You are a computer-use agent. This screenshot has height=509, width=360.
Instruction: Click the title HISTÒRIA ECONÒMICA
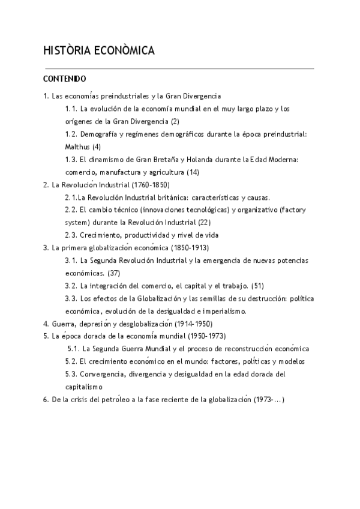pyautogui.click(x=99, y=51)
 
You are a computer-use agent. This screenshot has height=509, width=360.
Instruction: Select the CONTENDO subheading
pyautogui.click(x=65, y=79)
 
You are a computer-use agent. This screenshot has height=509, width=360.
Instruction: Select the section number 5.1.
pyautogui.click(x=73, y=349)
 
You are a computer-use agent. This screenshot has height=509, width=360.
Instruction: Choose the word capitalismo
pyautogui.click(x=84, y=387)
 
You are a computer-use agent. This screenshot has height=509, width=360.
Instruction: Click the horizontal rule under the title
pyautogui.click(x=178, y=68)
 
